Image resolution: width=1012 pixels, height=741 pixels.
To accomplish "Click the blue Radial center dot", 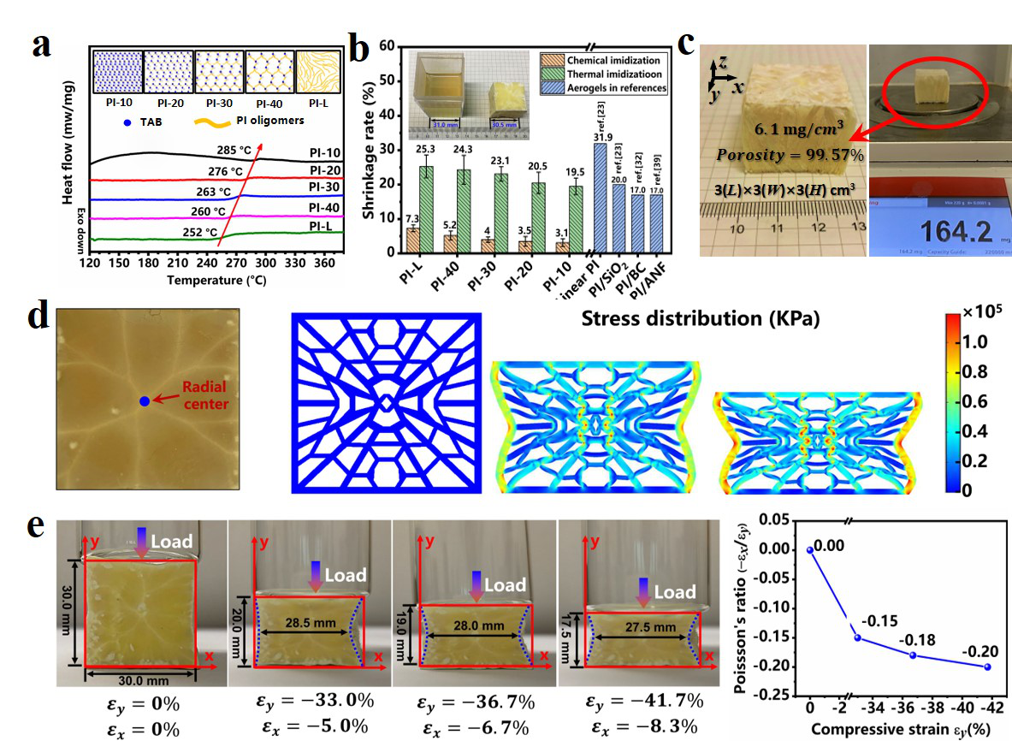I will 144,401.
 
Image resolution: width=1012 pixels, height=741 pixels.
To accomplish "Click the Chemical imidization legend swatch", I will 551,60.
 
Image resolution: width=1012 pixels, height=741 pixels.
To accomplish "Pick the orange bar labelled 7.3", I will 412,240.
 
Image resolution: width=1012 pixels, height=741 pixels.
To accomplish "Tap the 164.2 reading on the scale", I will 938,233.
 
